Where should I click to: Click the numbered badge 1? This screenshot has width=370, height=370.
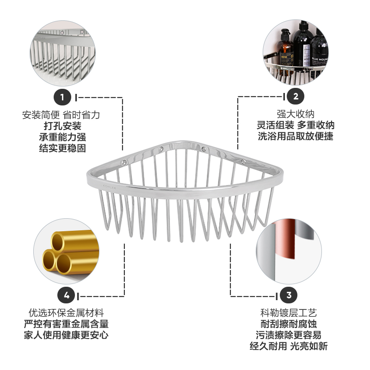tap(62, 97)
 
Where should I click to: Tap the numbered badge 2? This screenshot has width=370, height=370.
tap(296, 97)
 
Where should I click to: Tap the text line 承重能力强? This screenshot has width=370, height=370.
tap(62, 137)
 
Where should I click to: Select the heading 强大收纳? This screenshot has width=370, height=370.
tap(295, 114)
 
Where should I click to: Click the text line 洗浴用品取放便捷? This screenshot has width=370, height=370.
tap(295, 137)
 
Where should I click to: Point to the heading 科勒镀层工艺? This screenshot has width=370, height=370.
tap(289, 313)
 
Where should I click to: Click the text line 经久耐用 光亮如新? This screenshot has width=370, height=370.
tap(289, 347)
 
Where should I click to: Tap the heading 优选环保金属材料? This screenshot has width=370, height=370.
tap(67, 313)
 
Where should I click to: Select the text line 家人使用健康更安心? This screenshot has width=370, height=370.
tap(67, 336)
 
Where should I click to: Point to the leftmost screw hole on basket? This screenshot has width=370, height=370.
tap(124, 162)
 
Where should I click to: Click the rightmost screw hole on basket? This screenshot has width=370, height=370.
tap(244, 161)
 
